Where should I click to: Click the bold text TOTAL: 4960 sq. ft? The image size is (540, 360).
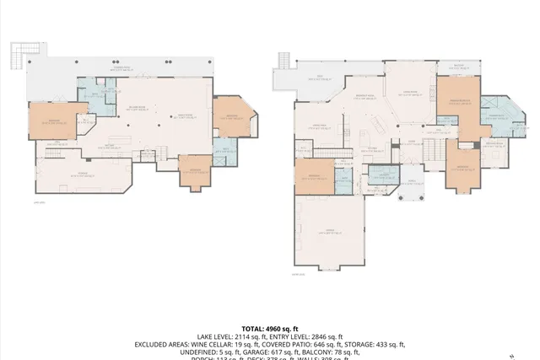point(270,328)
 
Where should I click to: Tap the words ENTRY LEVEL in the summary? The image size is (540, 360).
point(293,336)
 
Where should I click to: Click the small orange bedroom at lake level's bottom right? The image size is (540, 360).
point(195,171)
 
